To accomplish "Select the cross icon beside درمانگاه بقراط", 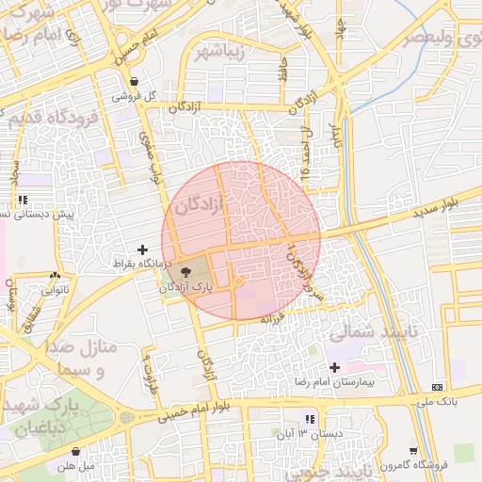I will tap(142, 249).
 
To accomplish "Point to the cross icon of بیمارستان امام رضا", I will tap(334, 366).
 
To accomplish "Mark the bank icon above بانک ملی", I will tap(436, 387).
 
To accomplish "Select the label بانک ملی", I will tap(436, 401).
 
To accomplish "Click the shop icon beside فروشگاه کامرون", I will tap(413, 450).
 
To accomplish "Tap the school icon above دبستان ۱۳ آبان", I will tap(309, 419).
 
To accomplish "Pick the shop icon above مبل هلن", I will tap(75, 451).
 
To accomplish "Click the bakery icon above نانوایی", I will tap(54, 276).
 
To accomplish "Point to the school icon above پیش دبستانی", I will tap(22, 201).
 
